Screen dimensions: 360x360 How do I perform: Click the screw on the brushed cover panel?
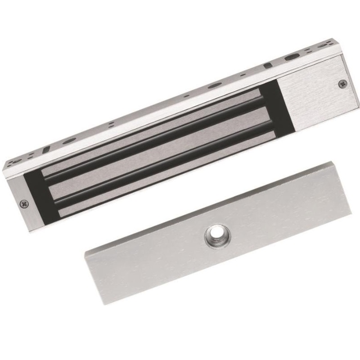pyautogui.click(x=342, y=83)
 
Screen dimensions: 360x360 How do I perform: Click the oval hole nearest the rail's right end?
pyautogui.click(x=292, y=58)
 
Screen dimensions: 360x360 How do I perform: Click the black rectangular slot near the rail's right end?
pyautogui.click(x=267, y=66)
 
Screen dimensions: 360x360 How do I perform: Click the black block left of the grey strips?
pyautogui.click(x=36, y=198)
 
